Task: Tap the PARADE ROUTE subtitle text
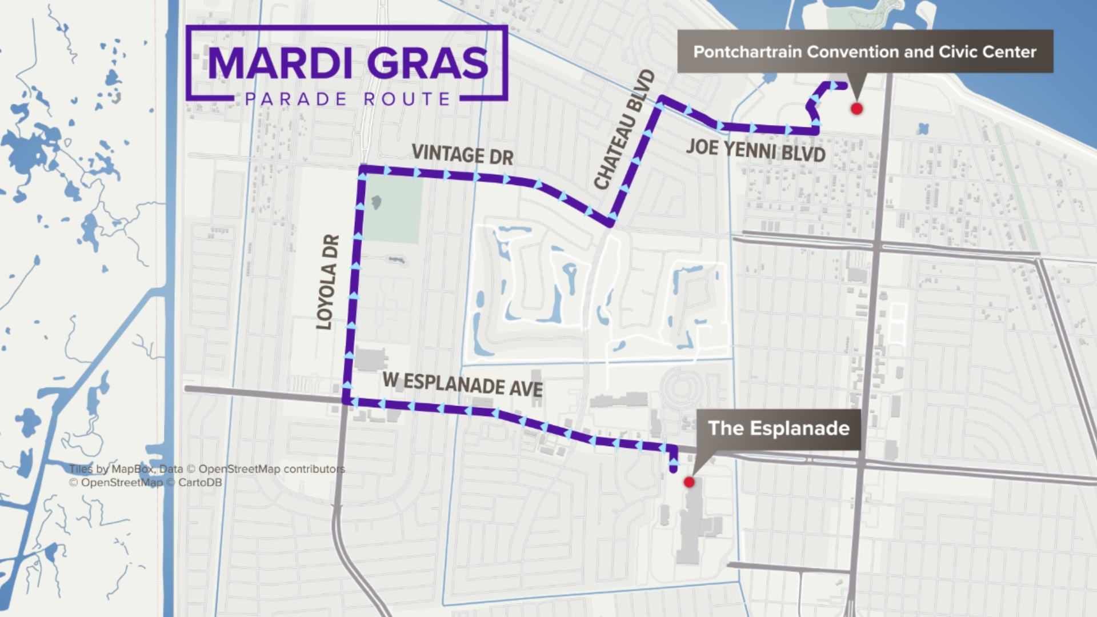pyautogui.click(x=347, y=99)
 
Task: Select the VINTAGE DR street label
pyautogui.click(x=462, y=155)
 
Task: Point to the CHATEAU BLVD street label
pyautogui.click(x=624, y=130)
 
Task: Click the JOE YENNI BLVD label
pyautogui.click(x=755, y=150)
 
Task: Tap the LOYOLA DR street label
pyautogui.click(x=328, y=282)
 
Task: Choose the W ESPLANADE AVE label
pyautogui.click(x=462, y=384)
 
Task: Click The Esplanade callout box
pyautogui.click(x=778, y=428)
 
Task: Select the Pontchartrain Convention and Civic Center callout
pyautogui.click(x=864, y=51)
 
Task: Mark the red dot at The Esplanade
pyautogui.click(x=689, y=482)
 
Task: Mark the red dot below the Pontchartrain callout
pyautogui.click(x=856, y=109)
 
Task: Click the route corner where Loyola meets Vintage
pyautogui.click(x=362, y=170)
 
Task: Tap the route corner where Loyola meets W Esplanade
pyautogui.click(x=346, y=401)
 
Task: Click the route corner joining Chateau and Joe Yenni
pyautogui.click(x=662, y=101)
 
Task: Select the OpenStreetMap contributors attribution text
pyautogui.click(x=271, y=469)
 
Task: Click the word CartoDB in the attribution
pyautogui.click(x=200, y=483)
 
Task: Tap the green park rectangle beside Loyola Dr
pyautogui.click(x=393, y=209)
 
